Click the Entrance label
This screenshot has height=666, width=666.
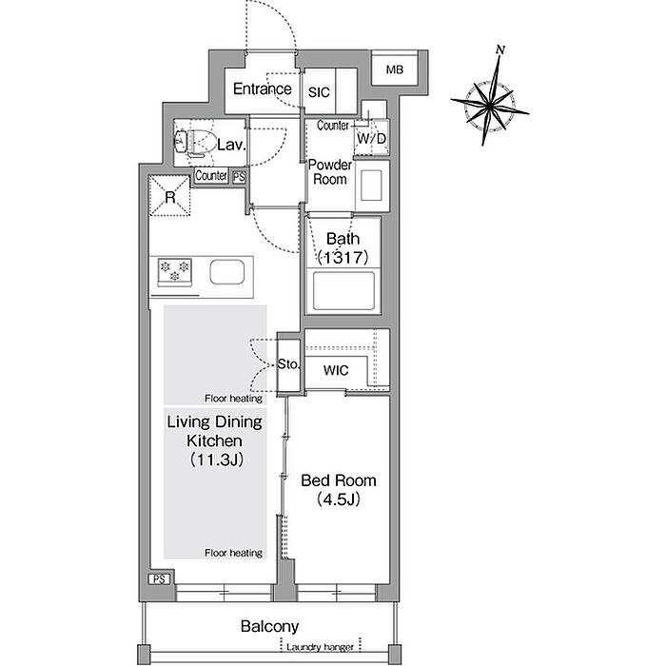pyautogui.click(x=262, y=88)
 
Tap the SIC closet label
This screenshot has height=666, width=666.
pyautogui.click(x=319, y=92)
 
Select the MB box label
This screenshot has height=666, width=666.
pyautogui.click(x=395, y=69)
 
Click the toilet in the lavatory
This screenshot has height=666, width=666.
pyautogui.click(x=196, y=142)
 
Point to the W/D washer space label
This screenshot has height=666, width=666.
pyautogui.click(x=372, y=139)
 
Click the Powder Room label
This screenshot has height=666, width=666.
pyautogui.click(x=330, y=171)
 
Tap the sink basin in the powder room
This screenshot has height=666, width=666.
pyautogui.click(x=371, y=186)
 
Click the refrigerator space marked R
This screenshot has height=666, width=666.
pyautogui.click(x=169, y=196)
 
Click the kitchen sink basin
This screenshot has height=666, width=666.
pyautogui.click(x=226, y=272)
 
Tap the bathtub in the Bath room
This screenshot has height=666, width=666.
pyautogui.click(x=343, y=291)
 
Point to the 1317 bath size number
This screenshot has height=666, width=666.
pyautogui.click(x=343, y=258)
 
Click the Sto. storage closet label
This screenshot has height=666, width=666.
pyautogui.click(x=288, y=364)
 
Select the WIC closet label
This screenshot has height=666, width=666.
pyautogui.click(x=336, y=370)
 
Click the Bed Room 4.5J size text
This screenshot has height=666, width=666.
pyautogui.click(x=339, y=499)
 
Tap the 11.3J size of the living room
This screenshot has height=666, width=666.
pyautogui.click(x=217, y=460)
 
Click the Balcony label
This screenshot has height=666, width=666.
pyautogui.click(x=269, y=626)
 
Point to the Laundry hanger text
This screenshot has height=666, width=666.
pyautogui.click(x=320, y=647)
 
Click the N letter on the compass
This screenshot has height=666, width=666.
pyautogui.click(x=500, y=49)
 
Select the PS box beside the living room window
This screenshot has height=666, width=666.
pyautogui.click(x=159, y=578)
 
